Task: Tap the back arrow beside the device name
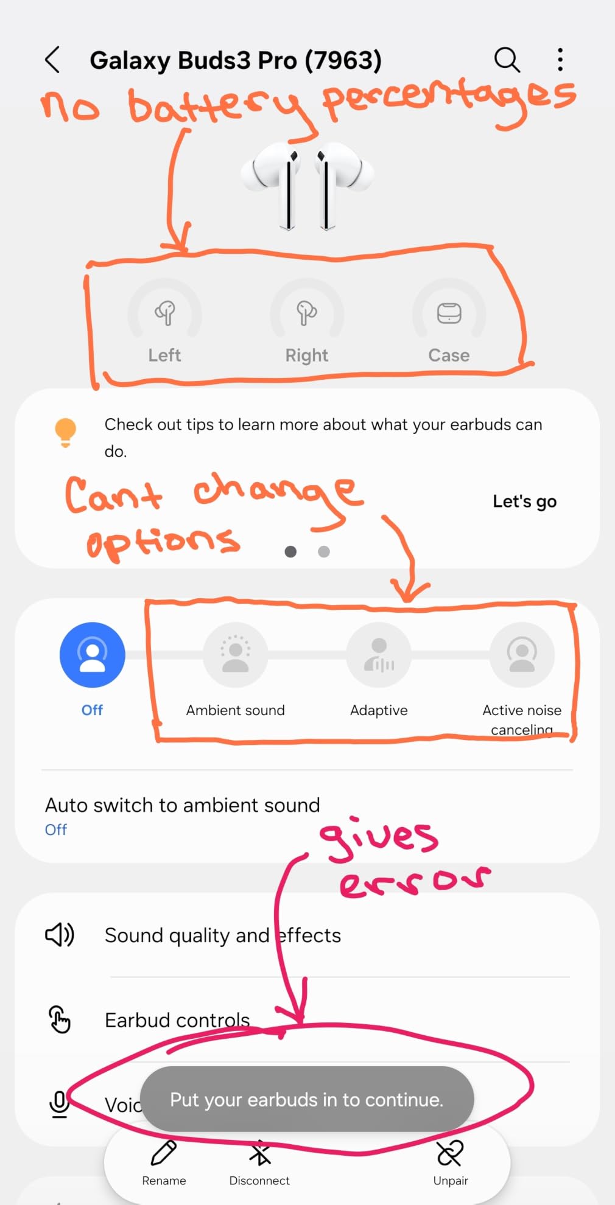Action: click(x=52, y=60)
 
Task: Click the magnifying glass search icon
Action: click(x=507, y=60)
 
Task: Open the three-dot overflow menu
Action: click(x=560, y=60)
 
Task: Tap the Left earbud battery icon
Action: click(x=164, y=313)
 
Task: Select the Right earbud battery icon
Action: click(x=306, y=313)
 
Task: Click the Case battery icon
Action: click(x=449, y=313)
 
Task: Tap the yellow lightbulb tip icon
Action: click(x=65, y=432)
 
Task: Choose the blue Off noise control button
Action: click(x=93, y=655)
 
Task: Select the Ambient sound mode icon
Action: click(x=235, y=655)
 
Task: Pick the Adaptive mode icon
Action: click(x=379, y=655)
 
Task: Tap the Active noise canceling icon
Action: click(x=522, y=655)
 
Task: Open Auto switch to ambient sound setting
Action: click(x=182, y=805)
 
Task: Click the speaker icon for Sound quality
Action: click(x=60, y=935)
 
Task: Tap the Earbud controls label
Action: click(x=177, y=1020)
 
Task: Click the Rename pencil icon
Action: click(x=164, y=1153)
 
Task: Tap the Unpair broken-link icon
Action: click(x=451, y=1153)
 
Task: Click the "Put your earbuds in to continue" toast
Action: click(x=307, y=1099)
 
